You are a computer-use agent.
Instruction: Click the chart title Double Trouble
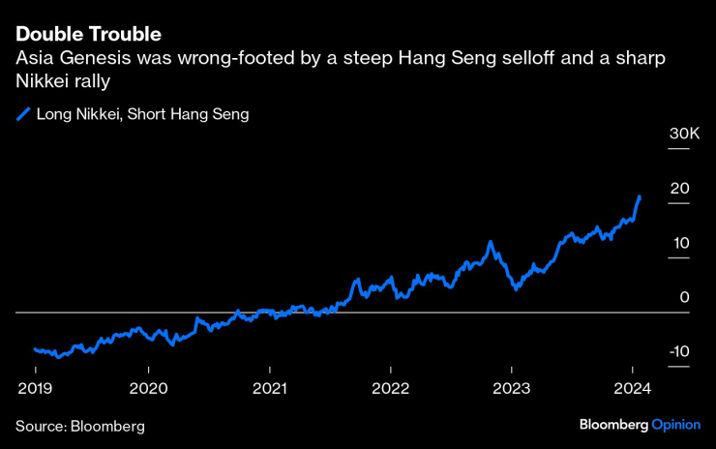[x=88, y=35]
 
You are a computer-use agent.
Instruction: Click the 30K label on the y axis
[x=684, y=133]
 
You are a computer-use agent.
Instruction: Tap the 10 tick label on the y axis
[x=680, y=242]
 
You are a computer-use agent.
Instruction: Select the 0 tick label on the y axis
[x=684, y=296]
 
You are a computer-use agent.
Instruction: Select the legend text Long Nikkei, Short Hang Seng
[x=143, y=114]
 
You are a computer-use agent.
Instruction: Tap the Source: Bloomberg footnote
[x=79, y=426]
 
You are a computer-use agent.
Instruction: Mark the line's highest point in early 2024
[x=640, y=196]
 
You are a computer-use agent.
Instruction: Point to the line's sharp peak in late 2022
[x=492, y=242]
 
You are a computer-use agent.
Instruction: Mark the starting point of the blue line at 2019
[x=35, y=348]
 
